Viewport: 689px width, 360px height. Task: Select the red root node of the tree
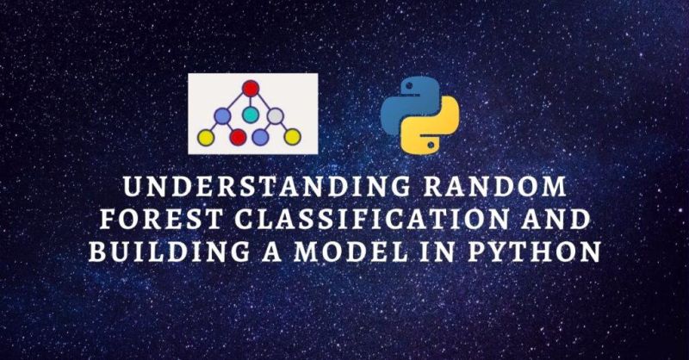(251, 87)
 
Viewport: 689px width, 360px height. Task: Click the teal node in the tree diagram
(250, 115)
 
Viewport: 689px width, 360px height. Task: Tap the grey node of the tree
(275, 115)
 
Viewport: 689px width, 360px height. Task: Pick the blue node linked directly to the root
(223, 115)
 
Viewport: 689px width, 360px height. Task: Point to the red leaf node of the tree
(239, 137)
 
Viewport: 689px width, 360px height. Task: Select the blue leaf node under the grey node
(261, 137)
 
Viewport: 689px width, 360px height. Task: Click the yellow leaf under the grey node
(292, 136)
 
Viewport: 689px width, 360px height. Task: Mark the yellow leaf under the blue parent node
(205, 137)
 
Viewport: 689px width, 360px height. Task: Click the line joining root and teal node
(251, 101)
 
